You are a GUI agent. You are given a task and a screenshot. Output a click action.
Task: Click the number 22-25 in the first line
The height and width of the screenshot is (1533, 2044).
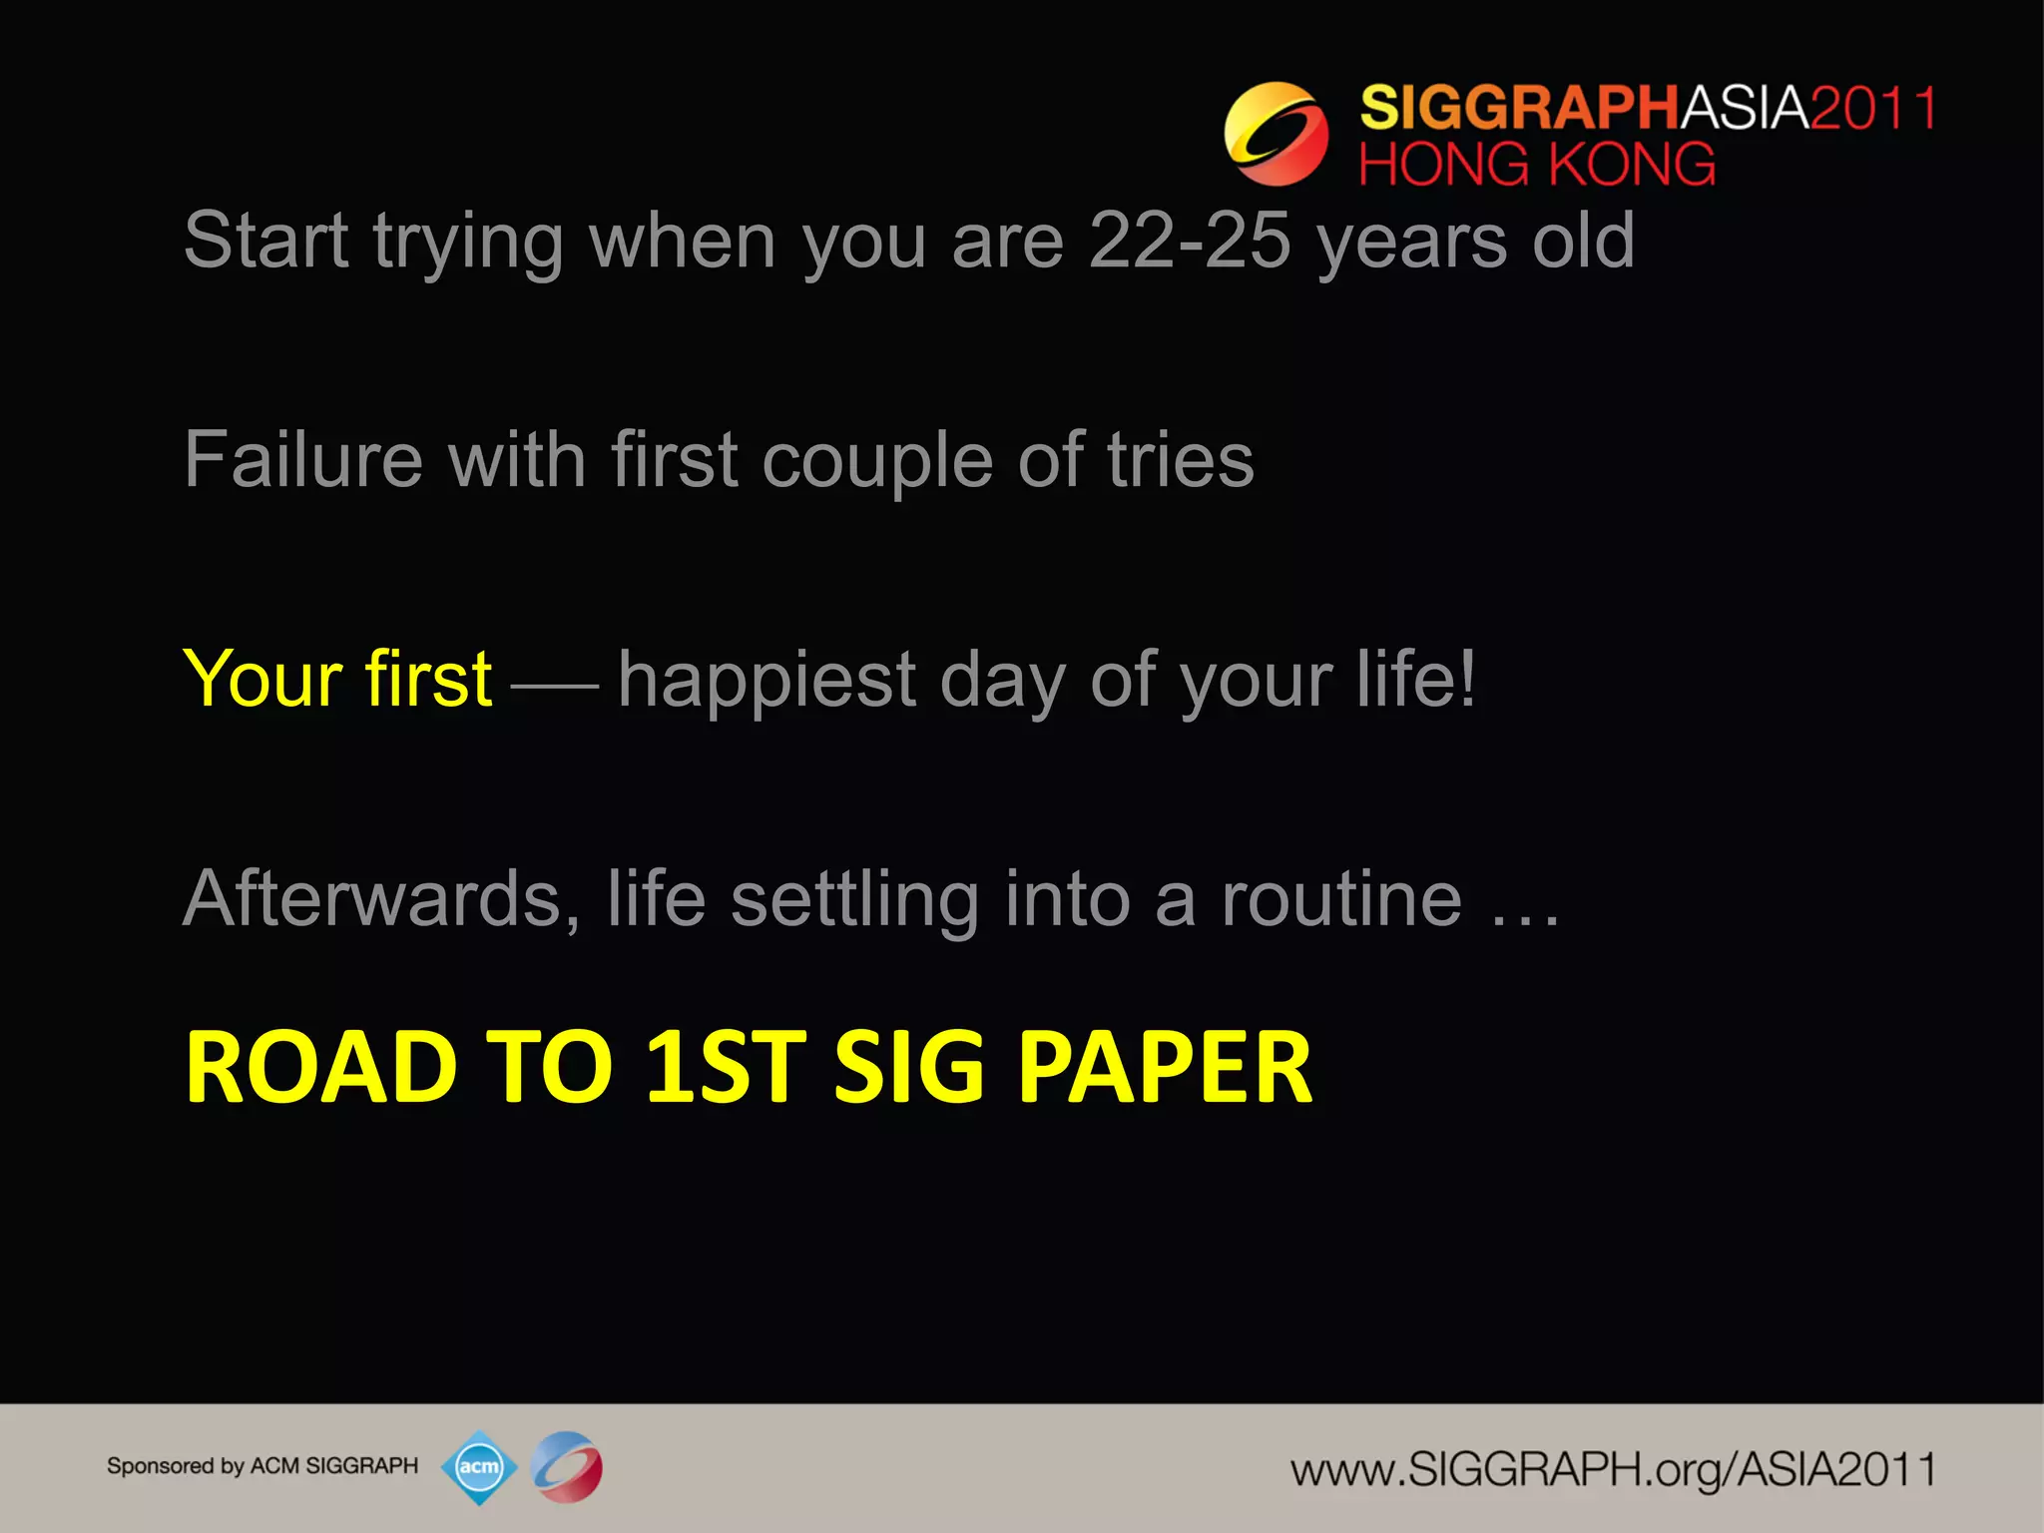coord(1189,242)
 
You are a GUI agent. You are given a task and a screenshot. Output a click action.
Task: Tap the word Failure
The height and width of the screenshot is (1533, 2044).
coord(303,460)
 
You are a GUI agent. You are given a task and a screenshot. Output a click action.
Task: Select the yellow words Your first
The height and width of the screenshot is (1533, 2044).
coord(337,680)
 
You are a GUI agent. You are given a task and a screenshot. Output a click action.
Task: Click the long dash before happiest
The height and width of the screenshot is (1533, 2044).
coord(554,686)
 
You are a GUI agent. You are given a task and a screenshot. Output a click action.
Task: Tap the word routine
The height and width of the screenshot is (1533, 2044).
coord(1341,899)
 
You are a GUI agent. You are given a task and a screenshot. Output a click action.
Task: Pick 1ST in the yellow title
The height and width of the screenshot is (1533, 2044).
coord(726,1068)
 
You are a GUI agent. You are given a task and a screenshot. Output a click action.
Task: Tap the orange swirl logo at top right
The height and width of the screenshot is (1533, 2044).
coord(1276,134)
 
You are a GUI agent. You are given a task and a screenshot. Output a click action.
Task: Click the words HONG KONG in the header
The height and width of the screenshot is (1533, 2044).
coord(1537,165)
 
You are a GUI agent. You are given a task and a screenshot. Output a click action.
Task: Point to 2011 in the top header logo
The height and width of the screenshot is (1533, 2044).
coord(1872,108)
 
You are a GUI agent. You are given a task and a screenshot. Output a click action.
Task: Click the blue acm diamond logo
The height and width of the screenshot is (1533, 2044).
coord(479,1467)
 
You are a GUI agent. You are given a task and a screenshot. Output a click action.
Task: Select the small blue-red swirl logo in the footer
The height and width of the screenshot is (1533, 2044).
coord(566,1467)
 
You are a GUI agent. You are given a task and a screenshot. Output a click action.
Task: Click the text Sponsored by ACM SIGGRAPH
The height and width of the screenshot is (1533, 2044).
coord(262,1466)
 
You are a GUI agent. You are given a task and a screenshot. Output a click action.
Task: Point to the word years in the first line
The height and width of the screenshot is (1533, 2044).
coord(1411,242)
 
